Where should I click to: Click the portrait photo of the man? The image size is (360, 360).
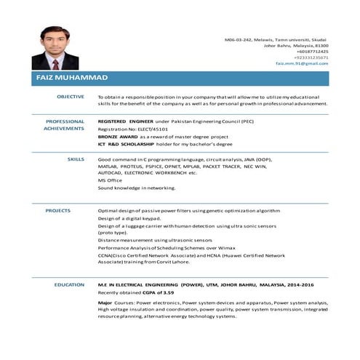[x=55, y=48]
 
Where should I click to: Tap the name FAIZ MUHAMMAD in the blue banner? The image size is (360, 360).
[x=72, y=78]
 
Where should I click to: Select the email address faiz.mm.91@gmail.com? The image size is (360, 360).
[x=302, y=63]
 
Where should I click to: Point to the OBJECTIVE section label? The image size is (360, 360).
[x=71, y=96]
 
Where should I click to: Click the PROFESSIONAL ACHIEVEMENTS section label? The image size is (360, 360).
[x=65, y=124]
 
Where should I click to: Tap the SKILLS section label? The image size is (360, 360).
[x=76, y=158]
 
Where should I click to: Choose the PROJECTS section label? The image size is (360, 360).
[x=58, y=210]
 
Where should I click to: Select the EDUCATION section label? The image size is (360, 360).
[x=70, y=284]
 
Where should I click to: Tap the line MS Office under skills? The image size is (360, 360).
[x=110, y=180]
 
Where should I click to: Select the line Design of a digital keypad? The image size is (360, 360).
[x=129, y=218]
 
